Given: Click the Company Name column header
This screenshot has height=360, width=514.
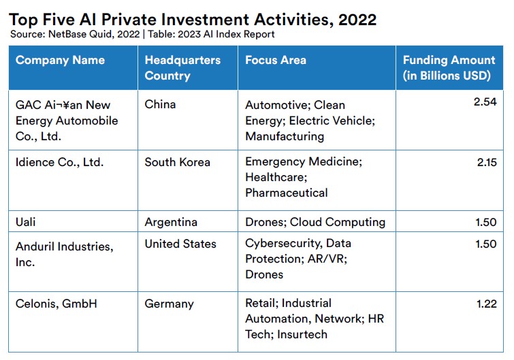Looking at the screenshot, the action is pyautogui.click(x=60, y=61).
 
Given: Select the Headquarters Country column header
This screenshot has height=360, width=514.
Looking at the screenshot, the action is pyautogui.click(x=182, y=68).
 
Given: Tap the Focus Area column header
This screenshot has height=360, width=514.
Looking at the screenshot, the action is pyautogui.click(x=276, y=61).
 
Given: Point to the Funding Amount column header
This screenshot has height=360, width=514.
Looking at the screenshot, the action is pyautogui.click(x=449, y=68).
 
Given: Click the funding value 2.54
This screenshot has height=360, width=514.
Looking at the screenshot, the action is pyautogui.click(x=485, y=102).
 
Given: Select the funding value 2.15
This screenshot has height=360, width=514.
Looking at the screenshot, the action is pyautogui.click(x=487, y=163).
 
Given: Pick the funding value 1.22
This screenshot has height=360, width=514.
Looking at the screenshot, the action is pyautogui.click(x=487, y=304).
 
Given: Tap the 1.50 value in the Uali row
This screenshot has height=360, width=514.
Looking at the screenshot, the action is pyautogui.click(x=486, y=222).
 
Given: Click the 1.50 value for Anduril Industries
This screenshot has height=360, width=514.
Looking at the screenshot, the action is pyautogui.click(x=486, y=244).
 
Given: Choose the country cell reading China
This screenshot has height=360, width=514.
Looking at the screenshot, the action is pyautogui.click(x=160, y=105).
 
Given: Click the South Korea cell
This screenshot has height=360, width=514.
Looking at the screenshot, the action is pyautogui.click(x=177, y=163).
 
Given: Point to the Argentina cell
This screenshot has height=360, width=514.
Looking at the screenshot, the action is pyautogui.click(x=171, y=223).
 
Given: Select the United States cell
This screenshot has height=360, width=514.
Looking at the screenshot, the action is pyautogui.click(x=180, y=244).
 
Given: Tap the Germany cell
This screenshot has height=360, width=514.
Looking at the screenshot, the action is pyautogui.click(x=169, y=304).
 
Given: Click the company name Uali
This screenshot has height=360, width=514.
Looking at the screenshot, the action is pyautogui.click(x=26, y=222).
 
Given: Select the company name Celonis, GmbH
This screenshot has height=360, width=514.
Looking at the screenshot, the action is pyautogui.click(x=57, y=304).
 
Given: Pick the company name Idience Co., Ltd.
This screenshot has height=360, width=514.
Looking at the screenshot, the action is pyautogui.click(x=60, y=163).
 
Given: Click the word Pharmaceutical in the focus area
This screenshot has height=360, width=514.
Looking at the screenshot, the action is pyautogui.click(x=287, y=193).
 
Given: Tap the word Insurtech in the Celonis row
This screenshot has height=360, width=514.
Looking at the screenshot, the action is pyautogui.click(x=302, y=334).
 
